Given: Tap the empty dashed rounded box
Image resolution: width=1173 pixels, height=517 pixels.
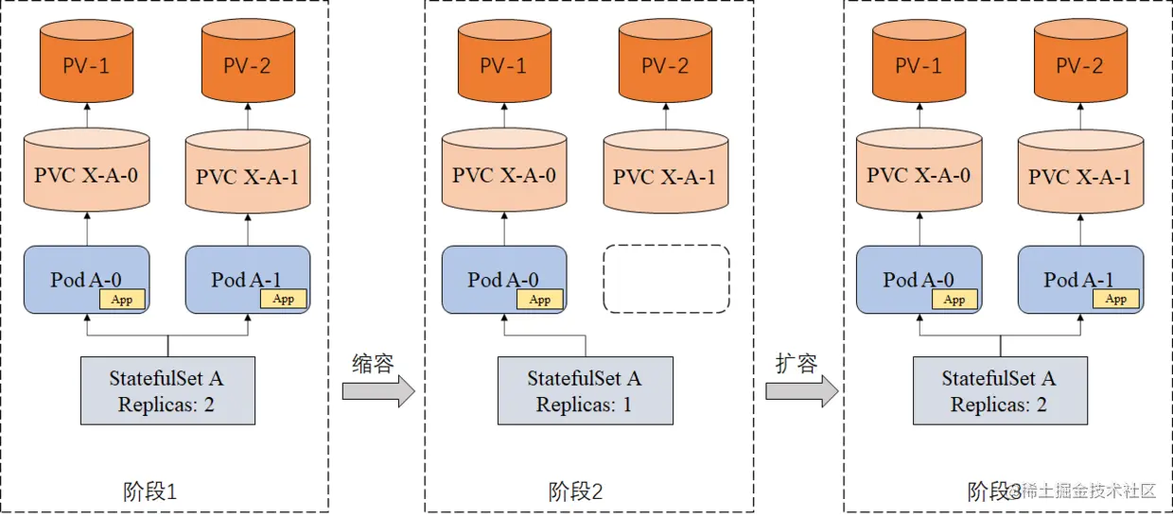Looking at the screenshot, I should point(666,279).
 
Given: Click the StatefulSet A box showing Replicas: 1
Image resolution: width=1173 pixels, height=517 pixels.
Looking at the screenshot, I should point(585,390).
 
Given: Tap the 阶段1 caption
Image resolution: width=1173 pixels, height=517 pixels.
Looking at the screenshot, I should point(150,491).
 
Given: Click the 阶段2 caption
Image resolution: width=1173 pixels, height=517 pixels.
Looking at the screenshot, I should point(575,491).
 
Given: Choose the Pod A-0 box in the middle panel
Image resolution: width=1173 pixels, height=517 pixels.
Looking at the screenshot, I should point(504,279).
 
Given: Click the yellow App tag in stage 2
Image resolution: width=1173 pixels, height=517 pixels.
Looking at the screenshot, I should point(539,300).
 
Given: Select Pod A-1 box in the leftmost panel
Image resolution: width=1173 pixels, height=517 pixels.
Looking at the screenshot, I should point(248,279).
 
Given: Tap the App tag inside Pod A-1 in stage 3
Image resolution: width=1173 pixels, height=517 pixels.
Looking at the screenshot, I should point(1116,299).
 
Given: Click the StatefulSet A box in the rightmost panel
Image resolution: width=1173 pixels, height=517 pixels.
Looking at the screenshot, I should point(1000,390).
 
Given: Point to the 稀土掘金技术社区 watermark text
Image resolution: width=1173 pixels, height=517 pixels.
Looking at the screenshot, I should point(1088,491).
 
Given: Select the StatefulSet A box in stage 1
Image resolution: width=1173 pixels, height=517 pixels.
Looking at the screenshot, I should point(167,390).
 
